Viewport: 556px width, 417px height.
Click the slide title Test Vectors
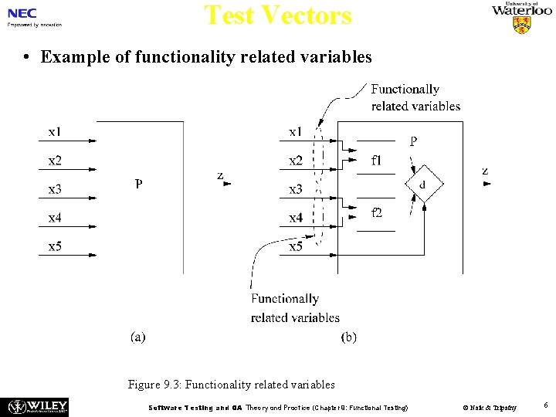(277, 15)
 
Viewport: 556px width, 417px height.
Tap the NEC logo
(22, 13)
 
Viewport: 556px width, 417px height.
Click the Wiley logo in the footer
(38, 406)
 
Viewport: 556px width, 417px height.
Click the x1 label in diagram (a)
(55, 132)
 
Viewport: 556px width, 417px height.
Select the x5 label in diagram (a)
(55, 246)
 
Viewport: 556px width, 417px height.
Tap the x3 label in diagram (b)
(296, 189)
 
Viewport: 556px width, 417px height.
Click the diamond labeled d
(422, 185)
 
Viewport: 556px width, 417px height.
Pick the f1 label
(376, 161)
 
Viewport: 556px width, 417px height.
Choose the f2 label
(376, 212)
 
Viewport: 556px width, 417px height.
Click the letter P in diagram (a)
(138, 184)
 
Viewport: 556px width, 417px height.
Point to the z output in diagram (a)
(220, 176)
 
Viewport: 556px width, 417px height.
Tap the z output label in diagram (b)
(484, 171)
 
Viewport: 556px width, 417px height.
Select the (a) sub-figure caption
(137, 337)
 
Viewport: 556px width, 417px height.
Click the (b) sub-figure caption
(349, 337)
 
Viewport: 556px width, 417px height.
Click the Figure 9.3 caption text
(232, 384)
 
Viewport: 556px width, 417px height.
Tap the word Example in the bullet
(72, 57)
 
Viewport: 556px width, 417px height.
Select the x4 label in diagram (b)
(296, 218)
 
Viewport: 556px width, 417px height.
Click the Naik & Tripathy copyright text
(489, 407)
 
